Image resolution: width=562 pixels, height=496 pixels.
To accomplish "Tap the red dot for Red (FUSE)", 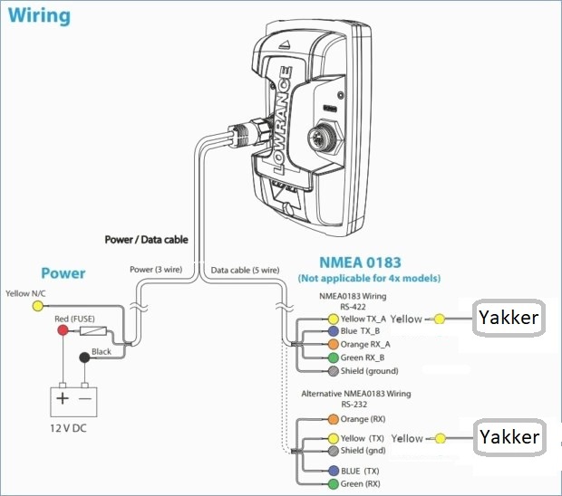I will (63, 331).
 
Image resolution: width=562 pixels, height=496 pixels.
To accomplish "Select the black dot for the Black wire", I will (85, 358).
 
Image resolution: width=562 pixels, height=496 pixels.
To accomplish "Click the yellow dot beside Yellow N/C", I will (37, 306).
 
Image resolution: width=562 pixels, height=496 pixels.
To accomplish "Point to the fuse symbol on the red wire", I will (94, 331).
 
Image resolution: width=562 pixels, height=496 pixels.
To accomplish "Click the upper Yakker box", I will (508, 318).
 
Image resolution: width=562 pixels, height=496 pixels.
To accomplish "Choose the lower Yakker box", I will (508, 438).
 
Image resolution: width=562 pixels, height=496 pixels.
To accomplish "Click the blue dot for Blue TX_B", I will (334, 331).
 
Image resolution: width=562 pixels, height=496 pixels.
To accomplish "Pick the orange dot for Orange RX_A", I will (334, 344).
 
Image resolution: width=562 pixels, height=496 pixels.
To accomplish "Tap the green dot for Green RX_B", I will (334, 358).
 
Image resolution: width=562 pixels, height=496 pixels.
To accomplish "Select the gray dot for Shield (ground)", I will (334, 371).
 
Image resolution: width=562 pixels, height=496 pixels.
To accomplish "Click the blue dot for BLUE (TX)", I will (334, 471).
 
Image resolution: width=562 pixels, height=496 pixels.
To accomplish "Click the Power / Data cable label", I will (145, 240).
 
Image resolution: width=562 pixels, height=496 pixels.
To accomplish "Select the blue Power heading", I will (63, 272).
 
